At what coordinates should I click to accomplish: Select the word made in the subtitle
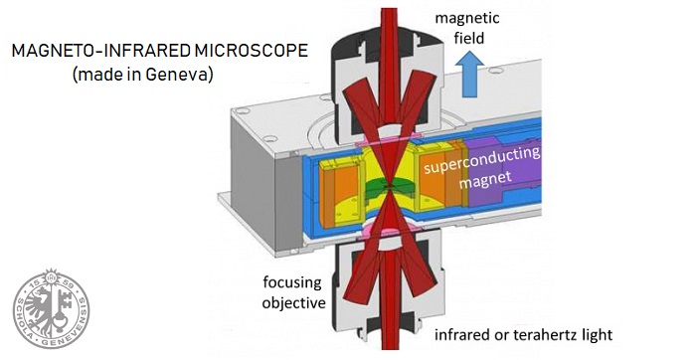pyautogui.click(x=101, y=75)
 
